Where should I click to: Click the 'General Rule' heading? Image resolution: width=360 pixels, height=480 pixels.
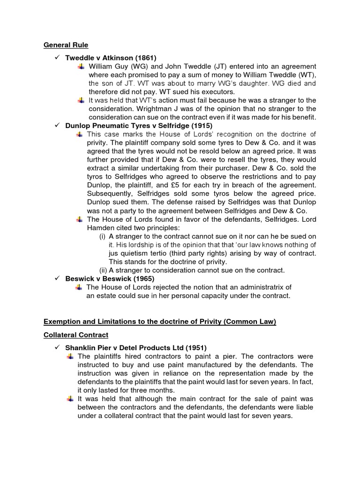tap(66, 45)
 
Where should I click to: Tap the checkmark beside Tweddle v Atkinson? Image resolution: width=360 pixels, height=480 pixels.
tap(57, 58)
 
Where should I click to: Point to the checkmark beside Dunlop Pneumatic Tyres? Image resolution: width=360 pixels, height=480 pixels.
tap(57, 126)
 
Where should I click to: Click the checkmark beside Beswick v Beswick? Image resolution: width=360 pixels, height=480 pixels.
tap(57, 278)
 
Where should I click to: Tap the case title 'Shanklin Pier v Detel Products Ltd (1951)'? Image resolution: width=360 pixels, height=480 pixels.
tap(136, 347)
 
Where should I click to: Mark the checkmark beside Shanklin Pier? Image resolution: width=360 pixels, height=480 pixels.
tap(57, 347)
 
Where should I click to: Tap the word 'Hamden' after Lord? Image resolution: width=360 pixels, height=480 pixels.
tap(102, 227)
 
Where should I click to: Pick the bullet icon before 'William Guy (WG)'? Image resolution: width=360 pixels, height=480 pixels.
tap(81, 67)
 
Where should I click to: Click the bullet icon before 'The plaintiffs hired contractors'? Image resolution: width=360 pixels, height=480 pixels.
tap(70, 356)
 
